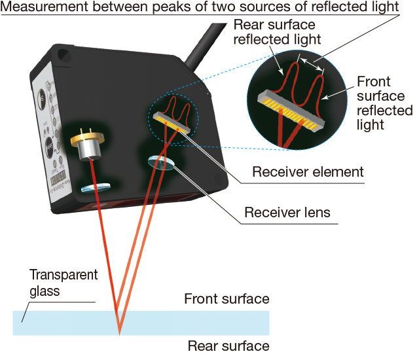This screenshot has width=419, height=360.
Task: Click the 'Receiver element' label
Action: (x=307, y=172)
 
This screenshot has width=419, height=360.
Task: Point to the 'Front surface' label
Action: (x=227, y=299)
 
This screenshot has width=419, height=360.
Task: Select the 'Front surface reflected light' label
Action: (x=384, y=103)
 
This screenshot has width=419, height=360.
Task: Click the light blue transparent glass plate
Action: (x=196, y=322)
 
